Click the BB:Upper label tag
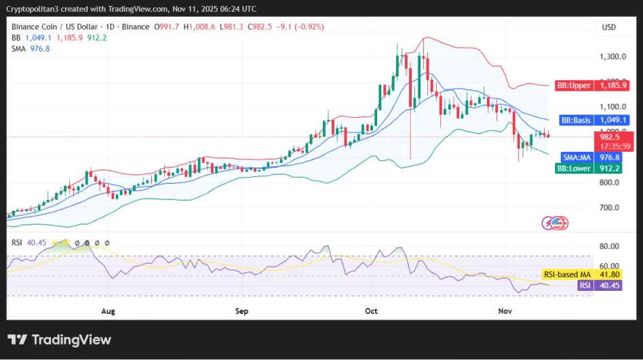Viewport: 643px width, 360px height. [573, 86]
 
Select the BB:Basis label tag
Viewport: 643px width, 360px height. [576, 120]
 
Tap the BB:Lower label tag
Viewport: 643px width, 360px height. [574, 168]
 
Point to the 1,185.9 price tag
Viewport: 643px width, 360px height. [613, 86]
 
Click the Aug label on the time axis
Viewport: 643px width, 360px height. [109, 311]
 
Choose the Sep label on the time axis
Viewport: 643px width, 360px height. [242, 311]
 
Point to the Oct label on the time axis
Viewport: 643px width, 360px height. [371, 311]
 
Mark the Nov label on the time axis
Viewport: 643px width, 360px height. [504, 311]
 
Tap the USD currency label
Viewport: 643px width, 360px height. [608, 27]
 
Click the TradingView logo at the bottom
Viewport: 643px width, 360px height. [59, 340]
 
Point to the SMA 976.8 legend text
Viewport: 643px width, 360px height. [31, 49]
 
